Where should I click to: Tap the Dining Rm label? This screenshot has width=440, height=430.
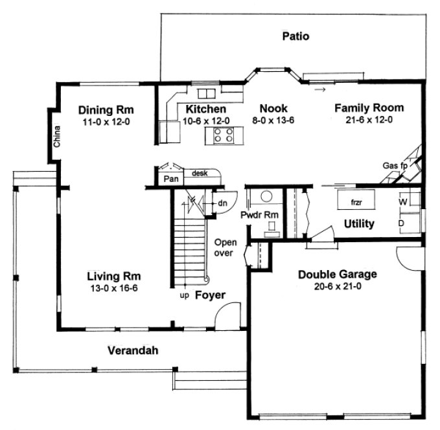click(106, 109)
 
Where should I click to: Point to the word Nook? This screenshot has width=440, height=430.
click(273, 109)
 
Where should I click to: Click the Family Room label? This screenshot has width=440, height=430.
click(369, 107)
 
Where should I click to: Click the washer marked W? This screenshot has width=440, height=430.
click(402, 203)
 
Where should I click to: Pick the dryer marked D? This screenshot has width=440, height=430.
click(402, 222)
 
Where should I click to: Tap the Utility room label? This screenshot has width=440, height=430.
click(359, 224)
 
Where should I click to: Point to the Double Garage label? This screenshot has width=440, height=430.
click(337, 274)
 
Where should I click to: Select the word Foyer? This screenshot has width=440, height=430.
click(211, 295)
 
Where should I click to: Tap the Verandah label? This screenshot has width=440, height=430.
click(133, 350)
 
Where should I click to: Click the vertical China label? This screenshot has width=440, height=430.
click(57, 137)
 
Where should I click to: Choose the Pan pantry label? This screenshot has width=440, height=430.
click(170, 178)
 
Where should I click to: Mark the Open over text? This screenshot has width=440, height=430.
click(226, 248)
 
